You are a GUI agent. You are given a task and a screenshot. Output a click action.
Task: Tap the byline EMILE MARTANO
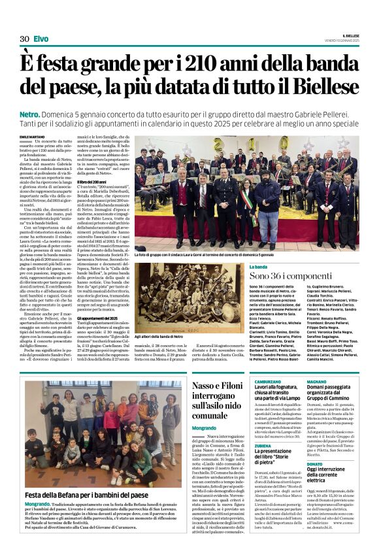[33, 136]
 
